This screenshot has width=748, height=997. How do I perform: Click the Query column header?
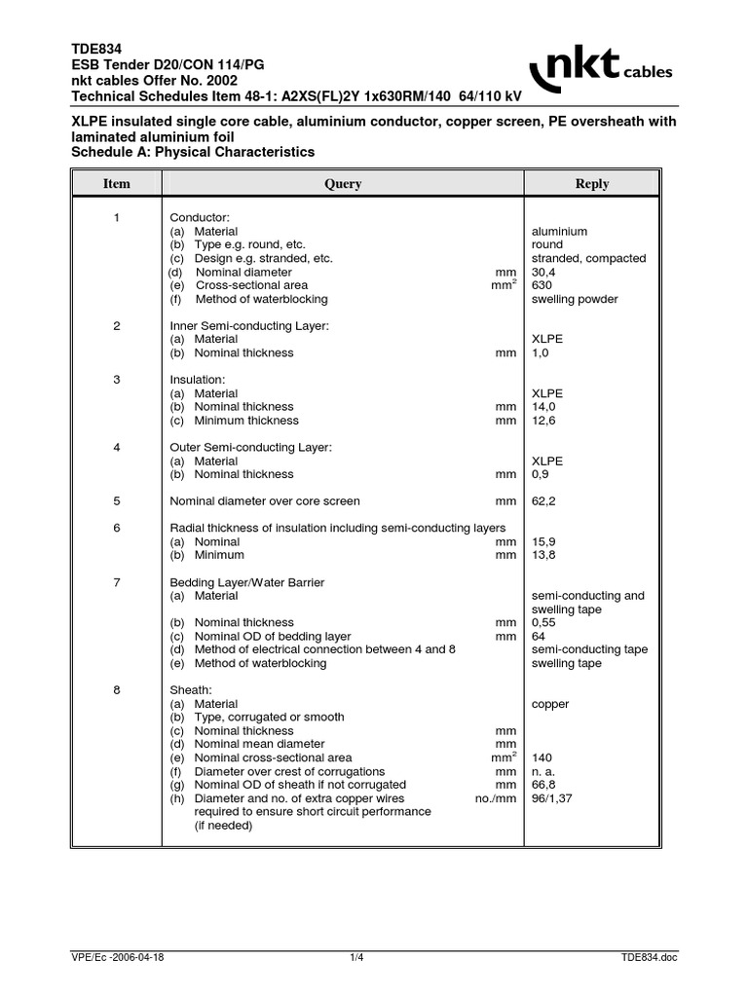coord(343,184)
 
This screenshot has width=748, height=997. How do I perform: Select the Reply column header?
coord(592,184)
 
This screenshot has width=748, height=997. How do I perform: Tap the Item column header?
coord(117,184)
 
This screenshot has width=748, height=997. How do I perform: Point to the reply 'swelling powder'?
coord(575,300)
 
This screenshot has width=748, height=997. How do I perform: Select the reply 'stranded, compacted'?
coord(588,259)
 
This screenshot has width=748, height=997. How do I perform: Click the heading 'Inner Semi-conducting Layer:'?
coord(249,325)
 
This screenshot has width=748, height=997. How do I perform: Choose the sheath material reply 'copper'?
coord(550,703)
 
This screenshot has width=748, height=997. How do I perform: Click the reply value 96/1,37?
coord(554,798)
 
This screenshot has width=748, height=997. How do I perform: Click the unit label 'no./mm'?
coord(495,798)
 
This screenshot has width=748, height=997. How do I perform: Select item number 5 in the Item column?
coord(117,501)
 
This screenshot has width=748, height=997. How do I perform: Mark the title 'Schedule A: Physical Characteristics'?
coord(194,153)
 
